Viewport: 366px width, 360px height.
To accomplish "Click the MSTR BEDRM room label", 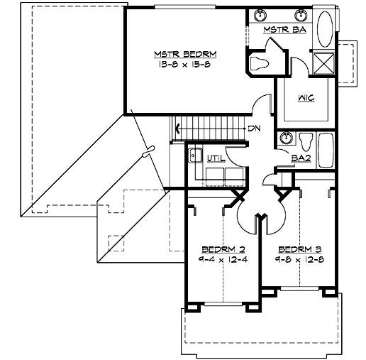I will [184, 54].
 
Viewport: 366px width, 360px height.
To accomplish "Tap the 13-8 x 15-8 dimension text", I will [184, 64].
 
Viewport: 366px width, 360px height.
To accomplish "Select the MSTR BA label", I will [284, 31].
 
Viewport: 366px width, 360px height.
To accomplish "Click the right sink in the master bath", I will [301, 16].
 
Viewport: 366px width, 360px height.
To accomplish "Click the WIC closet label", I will [306, 98].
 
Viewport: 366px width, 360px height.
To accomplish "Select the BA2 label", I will [299, 158].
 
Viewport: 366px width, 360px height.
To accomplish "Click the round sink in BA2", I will [287, 138].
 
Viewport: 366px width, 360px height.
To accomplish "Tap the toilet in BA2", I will [306, 139].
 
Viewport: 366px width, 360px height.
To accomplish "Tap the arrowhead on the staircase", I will [177, 129].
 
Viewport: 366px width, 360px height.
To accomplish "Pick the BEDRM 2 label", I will [223, 249].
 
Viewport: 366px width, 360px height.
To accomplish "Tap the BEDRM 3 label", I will [299, 249].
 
